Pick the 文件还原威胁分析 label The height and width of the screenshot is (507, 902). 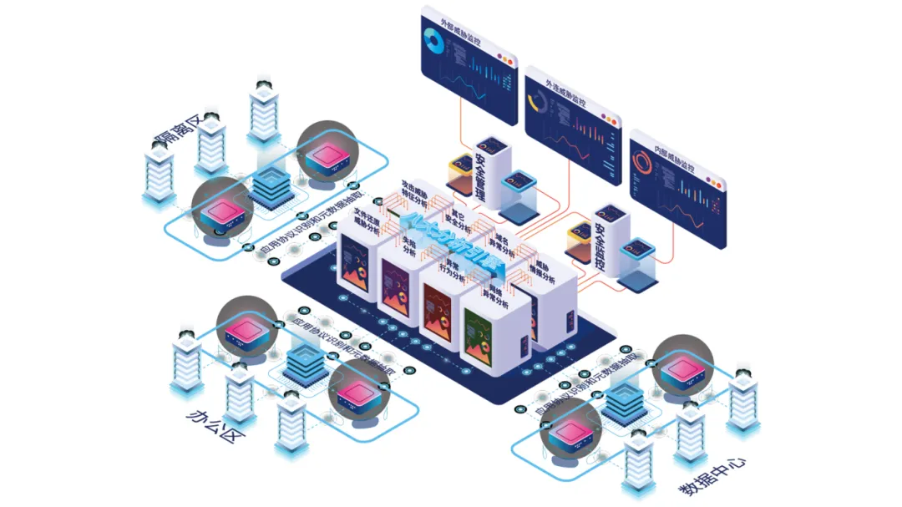click(367, 221)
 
